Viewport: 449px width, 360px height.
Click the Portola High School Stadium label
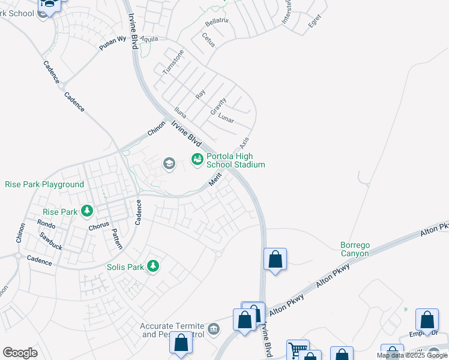point(236,160)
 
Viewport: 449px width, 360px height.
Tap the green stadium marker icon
point(197,159)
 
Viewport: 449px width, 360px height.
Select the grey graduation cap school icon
point(169,163)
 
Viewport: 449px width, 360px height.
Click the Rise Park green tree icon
point(88,211)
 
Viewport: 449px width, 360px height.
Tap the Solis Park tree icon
point(153,266)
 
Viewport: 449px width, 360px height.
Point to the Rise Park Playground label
point(44,184)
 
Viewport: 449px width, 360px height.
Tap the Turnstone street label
point(173,62)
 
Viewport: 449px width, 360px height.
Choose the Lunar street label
point(226,118)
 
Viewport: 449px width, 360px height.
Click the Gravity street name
point(218,107)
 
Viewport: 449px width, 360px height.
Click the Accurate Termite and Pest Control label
point(173,330)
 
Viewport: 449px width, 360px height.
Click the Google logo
point(20,353)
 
